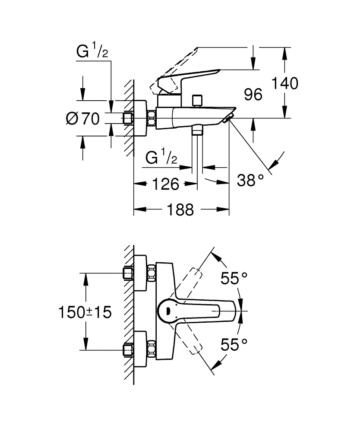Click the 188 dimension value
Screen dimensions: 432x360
coord(180,210)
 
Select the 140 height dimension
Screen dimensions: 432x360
coord(285,83)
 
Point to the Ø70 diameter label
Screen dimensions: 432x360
coord(83,118)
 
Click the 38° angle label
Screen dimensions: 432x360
coord(250,181)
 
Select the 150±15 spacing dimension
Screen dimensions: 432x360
coord(85,312)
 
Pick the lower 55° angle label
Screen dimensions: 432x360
coord(234,344)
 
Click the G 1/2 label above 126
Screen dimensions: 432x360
coord(161,158)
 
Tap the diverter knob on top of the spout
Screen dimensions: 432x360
coord(199,100)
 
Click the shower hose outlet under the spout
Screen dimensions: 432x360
coord(198,130)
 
